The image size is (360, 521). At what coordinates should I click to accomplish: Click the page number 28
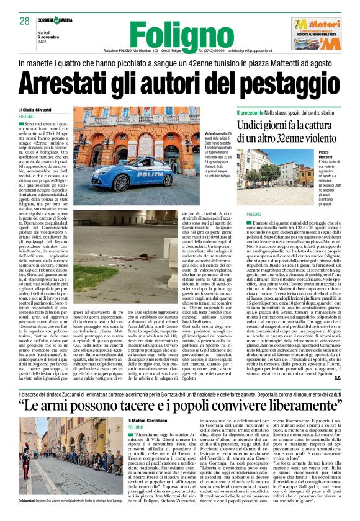click(25, 21)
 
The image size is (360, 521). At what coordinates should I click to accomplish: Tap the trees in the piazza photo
click(261, 174)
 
